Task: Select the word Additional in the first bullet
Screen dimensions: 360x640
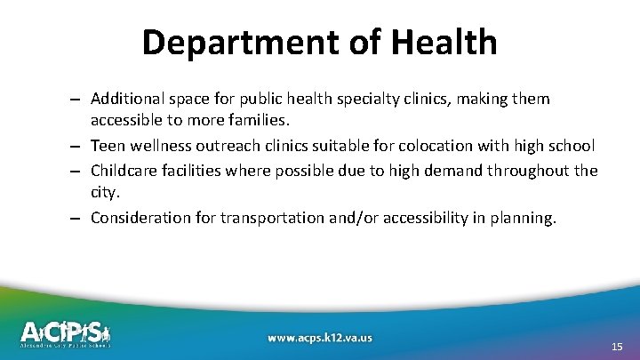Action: point(126,99)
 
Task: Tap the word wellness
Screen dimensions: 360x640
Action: point(163,146)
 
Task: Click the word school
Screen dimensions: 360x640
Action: point(570,146)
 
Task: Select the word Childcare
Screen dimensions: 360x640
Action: point(124,170)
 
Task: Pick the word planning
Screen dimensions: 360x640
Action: point(524,217)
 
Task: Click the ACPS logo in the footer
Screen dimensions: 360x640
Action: point(66,333)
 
